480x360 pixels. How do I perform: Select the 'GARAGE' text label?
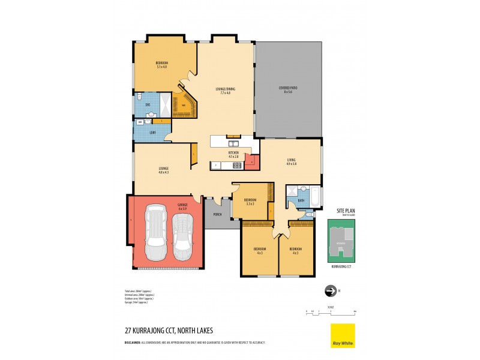point(182,205)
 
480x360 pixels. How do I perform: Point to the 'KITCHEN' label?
point(233,154)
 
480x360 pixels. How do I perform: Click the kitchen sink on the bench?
point(233,143)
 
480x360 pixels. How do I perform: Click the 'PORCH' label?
point(218,214)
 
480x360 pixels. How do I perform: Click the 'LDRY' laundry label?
point(144,132)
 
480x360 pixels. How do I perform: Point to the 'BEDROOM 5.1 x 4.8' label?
point(161,64)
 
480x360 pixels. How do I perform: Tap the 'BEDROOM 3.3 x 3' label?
point(250,201)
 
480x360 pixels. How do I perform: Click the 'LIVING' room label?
point(291,160)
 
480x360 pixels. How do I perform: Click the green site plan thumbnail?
point(341,241)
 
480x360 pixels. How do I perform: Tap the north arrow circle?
point(329,291)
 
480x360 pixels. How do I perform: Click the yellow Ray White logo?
point(343,335)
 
